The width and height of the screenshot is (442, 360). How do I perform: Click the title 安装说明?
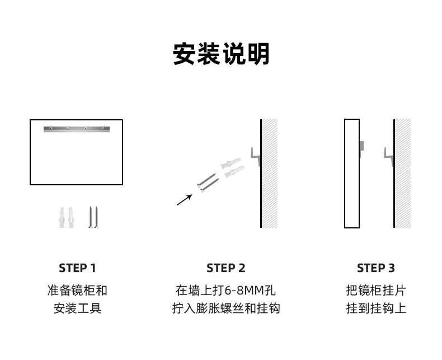click(x=221, y=54)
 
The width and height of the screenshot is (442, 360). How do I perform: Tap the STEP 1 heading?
click(x=77, y=268)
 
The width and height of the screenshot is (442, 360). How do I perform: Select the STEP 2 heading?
click(x=226, y=268)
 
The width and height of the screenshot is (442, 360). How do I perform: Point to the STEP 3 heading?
click(x=376, y=268)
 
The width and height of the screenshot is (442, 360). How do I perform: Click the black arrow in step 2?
click(x=185, y=200)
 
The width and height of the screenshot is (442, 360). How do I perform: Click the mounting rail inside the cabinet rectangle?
click(x=77, y=129)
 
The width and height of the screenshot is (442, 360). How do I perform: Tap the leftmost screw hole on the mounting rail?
click(x=51, y=128)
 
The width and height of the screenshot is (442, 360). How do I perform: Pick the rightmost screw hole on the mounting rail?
click(x=103, y=128)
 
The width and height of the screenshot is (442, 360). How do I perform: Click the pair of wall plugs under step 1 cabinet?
click(x=67, y=218)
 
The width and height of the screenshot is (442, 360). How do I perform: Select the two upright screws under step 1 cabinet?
click(x=93, y=217)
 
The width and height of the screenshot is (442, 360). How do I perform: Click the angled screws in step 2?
click(x=208, y=183)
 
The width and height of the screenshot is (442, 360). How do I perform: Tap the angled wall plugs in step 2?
click(x=233, y=167)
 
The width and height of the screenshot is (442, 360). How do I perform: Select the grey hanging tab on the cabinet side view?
click(x=361, y=146)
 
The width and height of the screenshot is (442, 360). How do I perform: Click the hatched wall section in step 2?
click(x=270, y=173)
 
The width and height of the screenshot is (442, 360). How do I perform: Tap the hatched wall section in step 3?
click(x=403, y=173)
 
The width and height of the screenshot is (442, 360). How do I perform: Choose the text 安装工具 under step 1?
click(x=77, y=308)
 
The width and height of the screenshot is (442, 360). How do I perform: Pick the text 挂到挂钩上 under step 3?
click(x=376, y=308)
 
